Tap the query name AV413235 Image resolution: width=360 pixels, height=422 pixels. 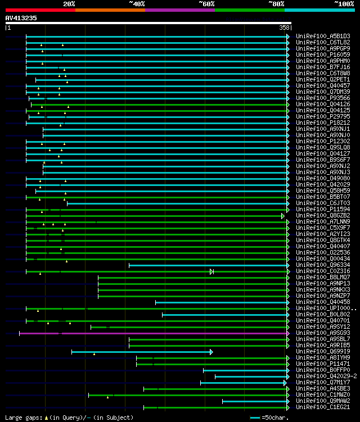[x=21, y=18]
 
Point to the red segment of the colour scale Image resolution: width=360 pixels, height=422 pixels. [x=40, y=10]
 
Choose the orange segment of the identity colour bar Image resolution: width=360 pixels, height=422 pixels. [x=110, y=10]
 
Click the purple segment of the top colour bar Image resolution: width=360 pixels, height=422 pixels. [x=179, y=10]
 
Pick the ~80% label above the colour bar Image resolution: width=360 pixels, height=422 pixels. [x=276, y=3]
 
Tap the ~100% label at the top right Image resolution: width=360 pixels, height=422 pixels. [x=344, y=3]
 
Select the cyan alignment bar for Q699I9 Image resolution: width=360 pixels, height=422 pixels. [x=141, y=352]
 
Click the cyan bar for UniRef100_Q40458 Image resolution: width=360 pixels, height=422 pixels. [x=222, y=302]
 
